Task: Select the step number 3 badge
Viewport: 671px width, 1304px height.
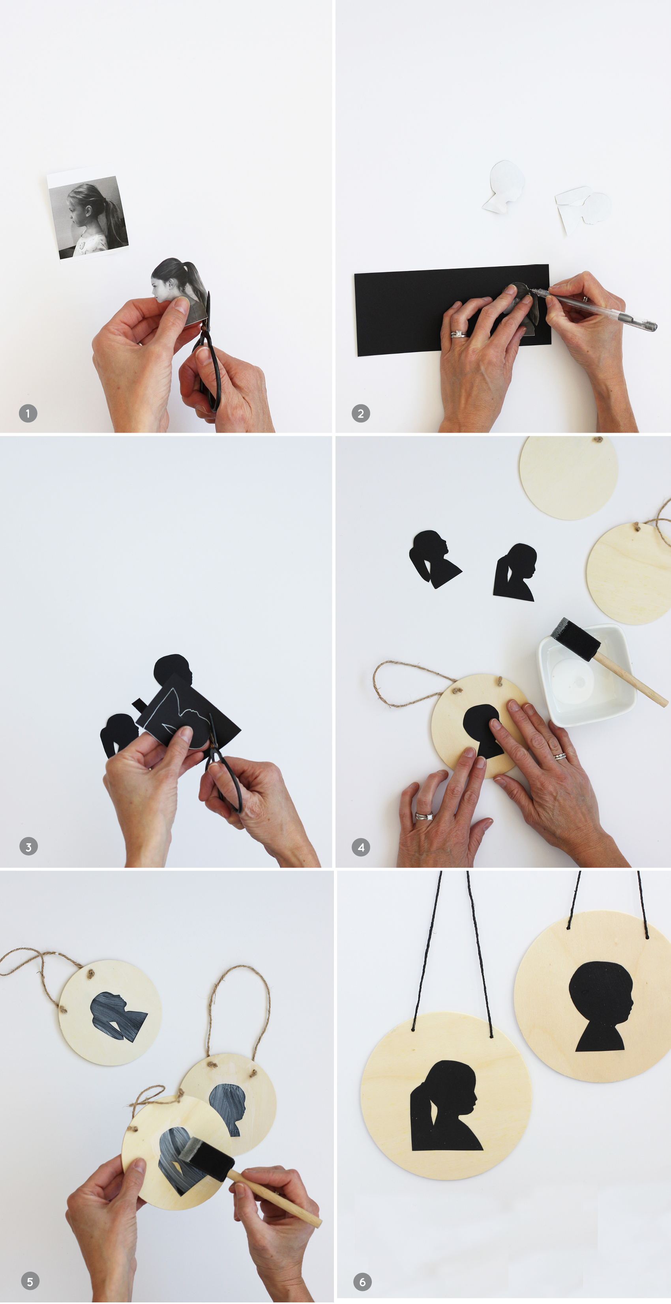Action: pos(28,846)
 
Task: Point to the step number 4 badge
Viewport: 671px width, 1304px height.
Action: pos(361,847)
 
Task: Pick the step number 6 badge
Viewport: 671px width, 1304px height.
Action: pos(362,1282)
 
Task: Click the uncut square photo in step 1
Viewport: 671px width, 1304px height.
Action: pos(88,216)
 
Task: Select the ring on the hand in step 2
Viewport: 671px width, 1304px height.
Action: pos(458,334)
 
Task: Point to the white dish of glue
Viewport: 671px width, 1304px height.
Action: pos(586,675)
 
